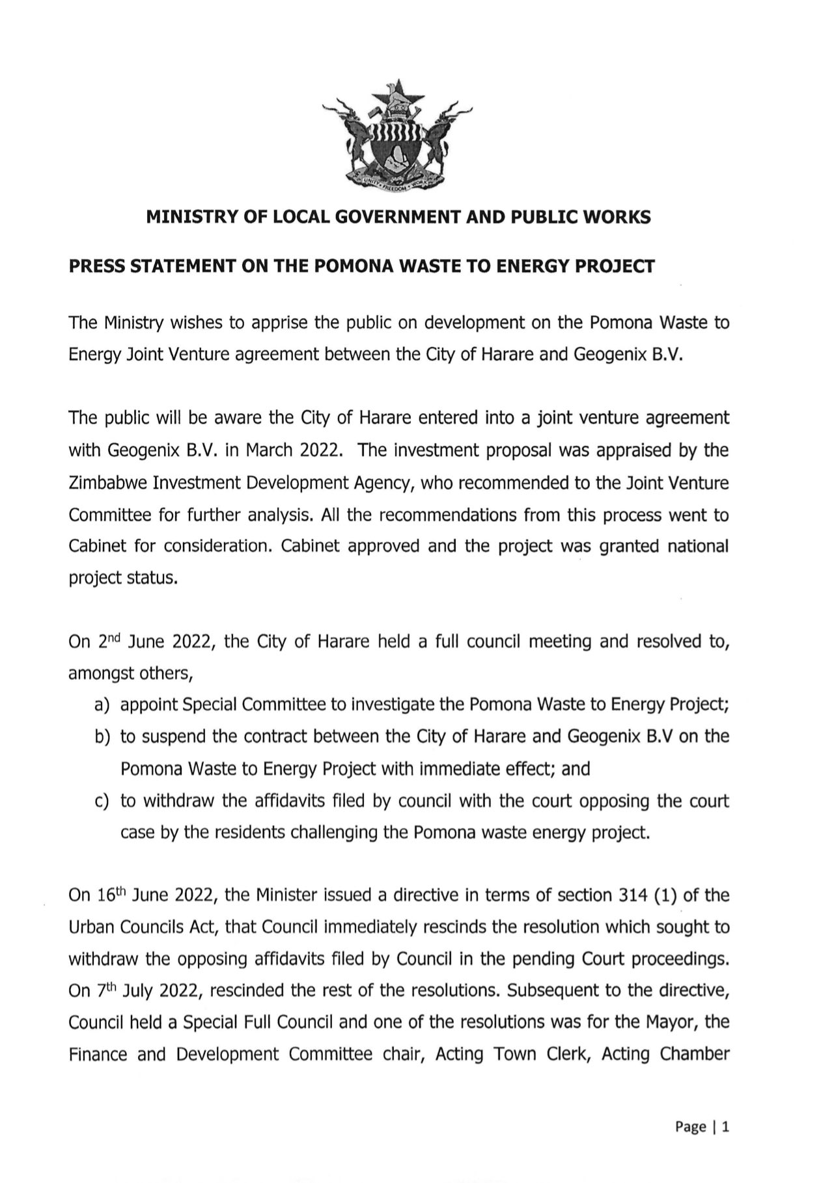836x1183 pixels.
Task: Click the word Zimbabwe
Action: point(106,483)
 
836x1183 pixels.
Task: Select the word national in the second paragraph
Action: point(698,547)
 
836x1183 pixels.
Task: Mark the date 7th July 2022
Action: point(141,991)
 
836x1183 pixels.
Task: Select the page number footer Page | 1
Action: point(702,1127)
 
